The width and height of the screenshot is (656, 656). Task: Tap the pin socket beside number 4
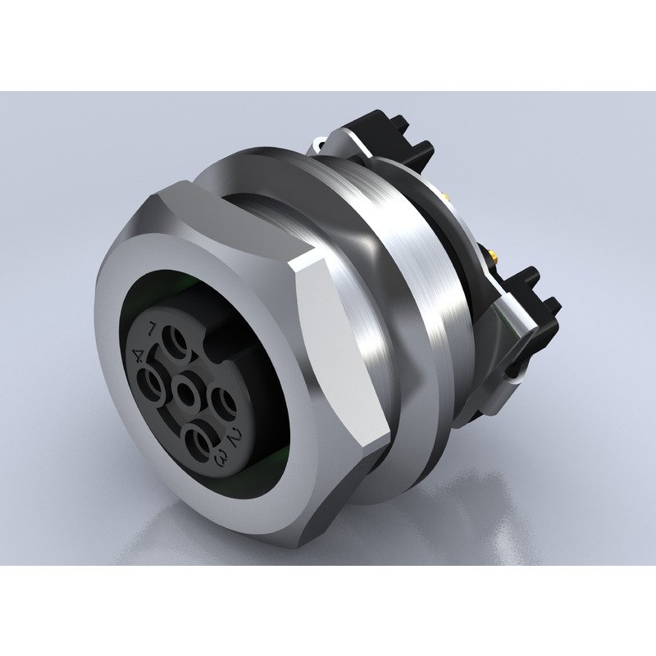153,381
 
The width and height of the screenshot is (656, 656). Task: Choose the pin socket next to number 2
223,403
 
